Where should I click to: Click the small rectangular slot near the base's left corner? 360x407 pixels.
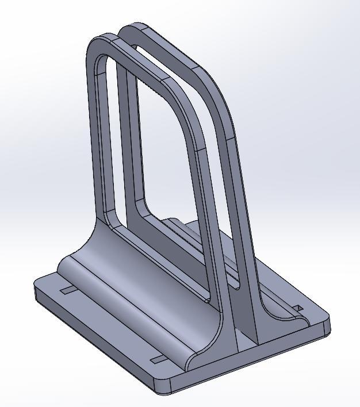(68, 290)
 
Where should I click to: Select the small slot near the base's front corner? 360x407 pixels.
(157, 360)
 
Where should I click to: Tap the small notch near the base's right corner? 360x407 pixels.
(298, 309)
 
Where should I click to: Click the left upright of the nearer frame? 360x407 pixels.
(95, 144)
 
